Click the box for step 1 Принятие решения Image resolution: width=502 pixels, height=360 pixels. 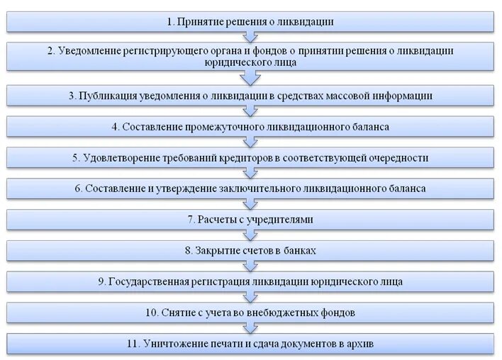click(x=250, y=21)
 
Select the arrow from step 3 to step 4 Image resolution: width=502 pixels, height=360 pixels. click(x=249, y=111)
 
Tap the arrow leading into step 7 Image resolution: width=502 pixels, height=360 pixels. click(x=249, y=204)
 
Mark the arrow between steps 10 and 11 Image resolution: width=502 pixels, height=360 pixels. click(x=249, y=328)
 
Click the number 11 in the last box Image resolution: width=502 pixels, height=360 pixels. click(x=133, y=344)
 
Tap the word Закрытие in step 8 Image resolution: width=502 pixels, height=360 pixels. click(x=215, y=250)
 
